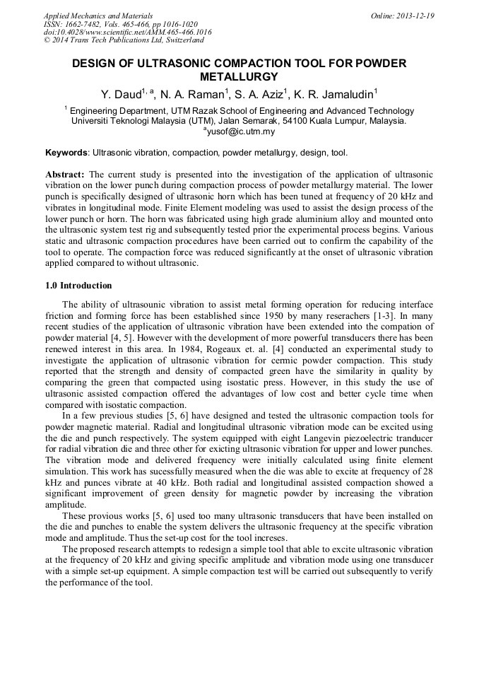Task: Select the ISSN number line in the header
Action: pyautogui.click(x=121, y=24)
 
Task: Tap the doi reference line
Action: pyautogui.click(x=127, y=32)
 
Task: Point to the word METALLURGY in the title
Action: pyautogui.click(x=239, y=76)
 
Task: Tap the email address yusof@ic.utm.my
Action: pyautogui.click(x=239, y=131)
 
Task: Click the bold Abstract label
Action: pyautogui.click(x=65, y=174)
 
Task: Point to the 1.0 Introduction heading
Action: pyautogui.click(x=78, y=286)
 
